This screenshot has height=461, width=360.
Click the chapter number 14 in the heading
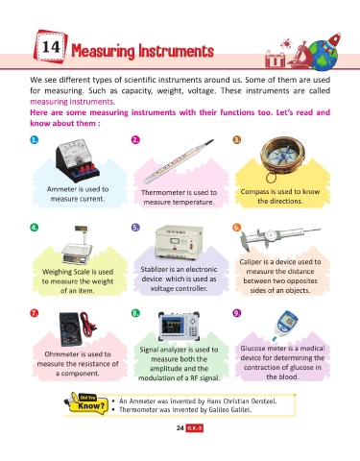click(51, 47)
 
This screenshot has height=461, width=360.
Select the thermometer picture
click(178, 161)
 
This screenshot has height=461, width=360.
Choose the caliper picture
click(279, 238)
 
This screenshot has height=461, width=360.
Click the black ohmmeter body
click(71, 329)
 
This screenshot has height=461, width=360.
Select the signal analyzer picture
click(179, 327)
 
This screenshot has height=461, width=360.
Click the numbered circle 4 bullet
click(35, 228)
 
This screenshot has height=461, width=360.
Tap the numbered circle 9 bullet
click(237, 313)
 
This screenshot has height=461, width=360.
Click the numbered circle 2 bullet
click(135, 140)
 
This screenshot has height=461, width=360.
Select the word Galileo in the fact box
click(218, 410)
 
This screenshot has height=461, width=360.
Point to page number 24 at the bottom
click(180, 428)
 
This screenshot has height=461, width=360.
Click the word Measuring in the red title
click(103, 51)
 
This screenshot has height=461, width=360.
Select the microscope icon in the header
click(300, 55)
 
